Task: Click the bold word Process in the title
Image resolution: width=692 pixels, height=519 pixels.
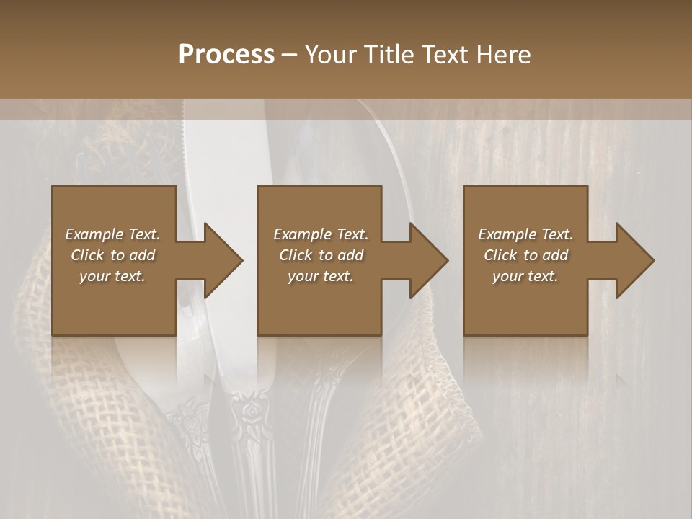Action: [226, 55]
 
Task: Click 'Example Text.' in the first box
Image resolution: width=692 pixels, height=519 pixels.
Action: [112, 234]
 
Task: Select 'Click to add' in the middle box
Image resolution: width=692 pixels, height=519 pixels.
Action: [321, 255]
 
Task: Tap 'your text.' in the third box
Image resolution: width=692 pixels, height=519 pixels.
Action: [525, 276]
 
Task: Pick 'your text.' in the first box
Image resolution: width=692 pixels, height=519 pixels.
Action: [112, 276]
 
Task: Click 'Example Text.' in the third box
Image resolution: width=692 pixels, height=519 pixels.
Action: [525, 234]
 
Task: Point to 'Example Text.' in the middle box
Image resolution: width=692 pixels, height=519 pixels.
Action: [321, 234]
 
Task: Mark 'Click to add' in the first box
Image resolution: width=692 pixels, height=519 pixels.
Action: [113, 255]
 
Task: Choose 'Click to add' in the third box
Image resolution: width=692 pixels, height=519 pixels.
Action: [526, 255]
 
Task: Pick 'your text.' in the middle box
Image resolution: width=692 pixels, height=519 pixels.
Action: [320, 276]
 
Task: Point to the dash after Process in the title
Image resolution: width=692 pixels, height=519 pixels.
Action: [289, 55]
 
